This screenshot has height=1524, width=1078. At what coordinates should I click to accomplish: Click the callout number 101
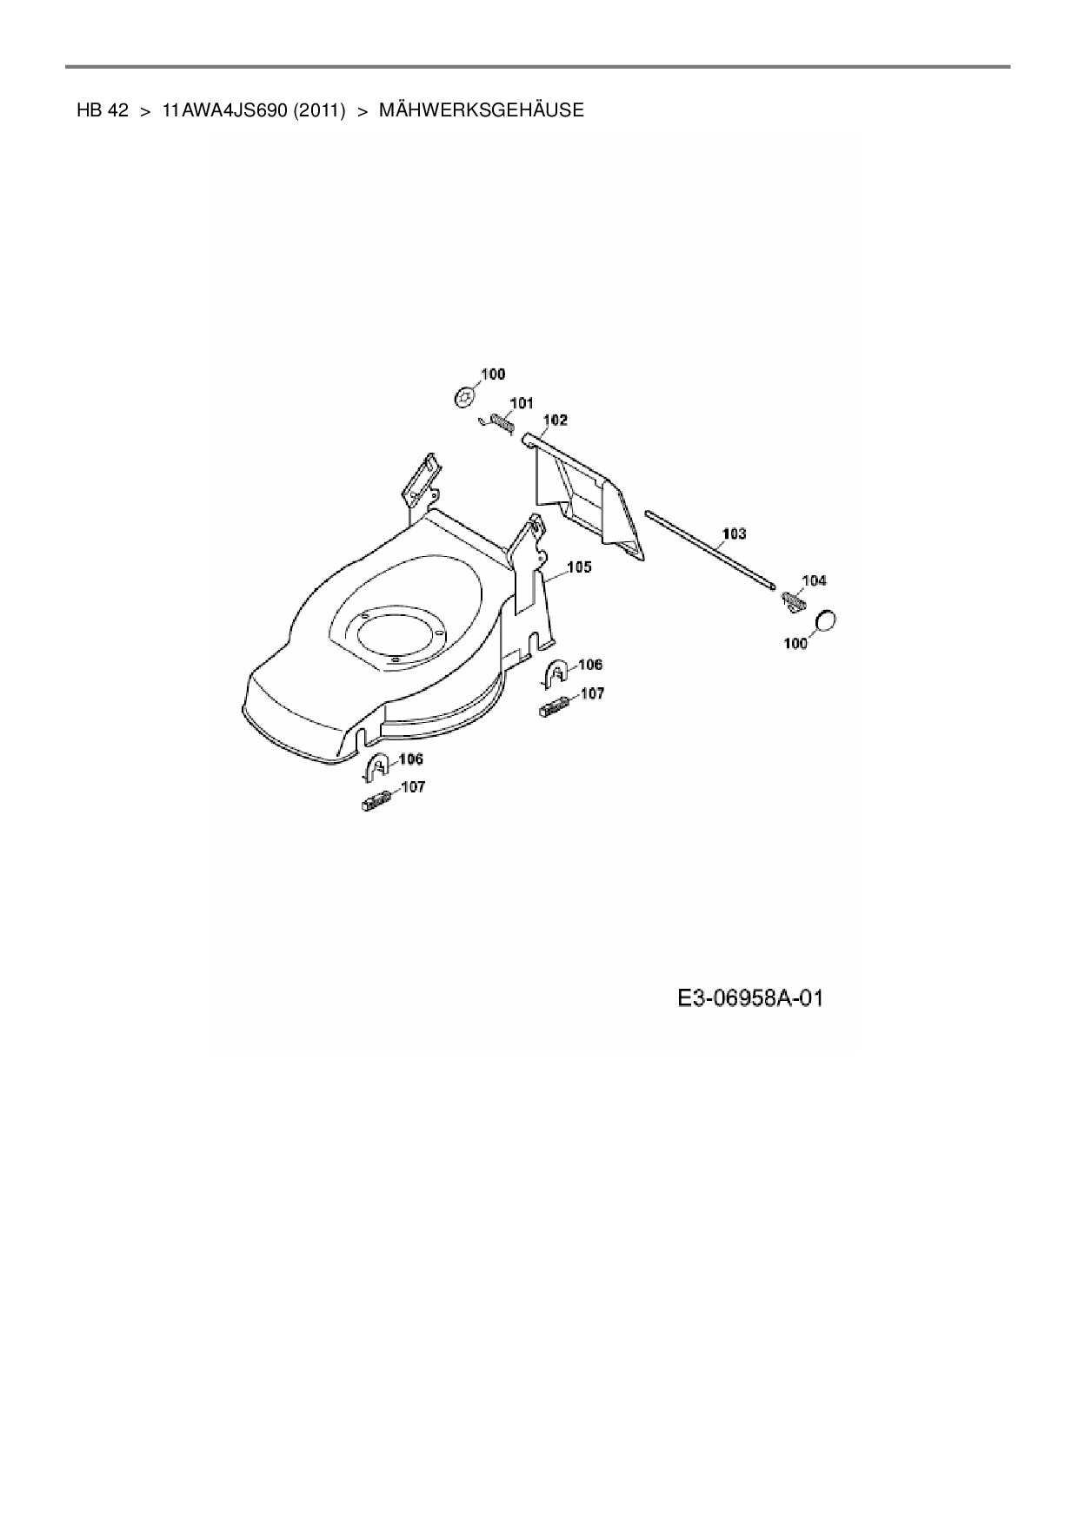click(522, 403)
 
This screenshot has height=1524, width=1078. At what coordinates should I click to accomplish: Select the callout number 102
click(555, 421)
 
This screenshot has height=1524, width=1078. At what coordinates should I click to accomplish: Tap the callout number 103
click(734, 533)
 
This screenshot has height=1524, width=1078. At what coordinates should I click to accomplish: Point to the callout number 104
click(814, 580)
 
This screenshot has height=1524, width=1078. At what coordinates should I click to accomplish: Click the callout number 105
click(579, 567)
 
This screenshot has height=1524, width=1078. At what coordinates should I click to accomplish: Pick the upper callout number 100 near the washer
click(492, 374)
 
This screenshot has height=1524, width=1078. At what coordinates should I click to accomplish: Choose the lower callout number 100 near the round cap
click(795, 644)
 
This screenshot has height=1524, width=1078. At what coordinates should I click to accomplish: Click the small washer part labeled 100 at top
click(466, 397)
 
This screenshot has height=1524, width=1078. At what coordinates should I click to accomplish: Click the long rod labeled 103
click(709, 550)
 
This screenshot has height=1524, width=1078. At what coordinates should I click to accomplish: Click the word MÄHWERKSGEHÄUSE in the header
click(481, 110)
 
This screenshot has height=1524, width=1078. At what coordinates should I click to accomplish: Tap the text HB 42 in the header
click(102, 110)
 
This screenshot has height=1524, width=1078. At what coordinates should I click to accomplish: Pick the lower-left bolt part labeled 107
click(376, 803)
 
